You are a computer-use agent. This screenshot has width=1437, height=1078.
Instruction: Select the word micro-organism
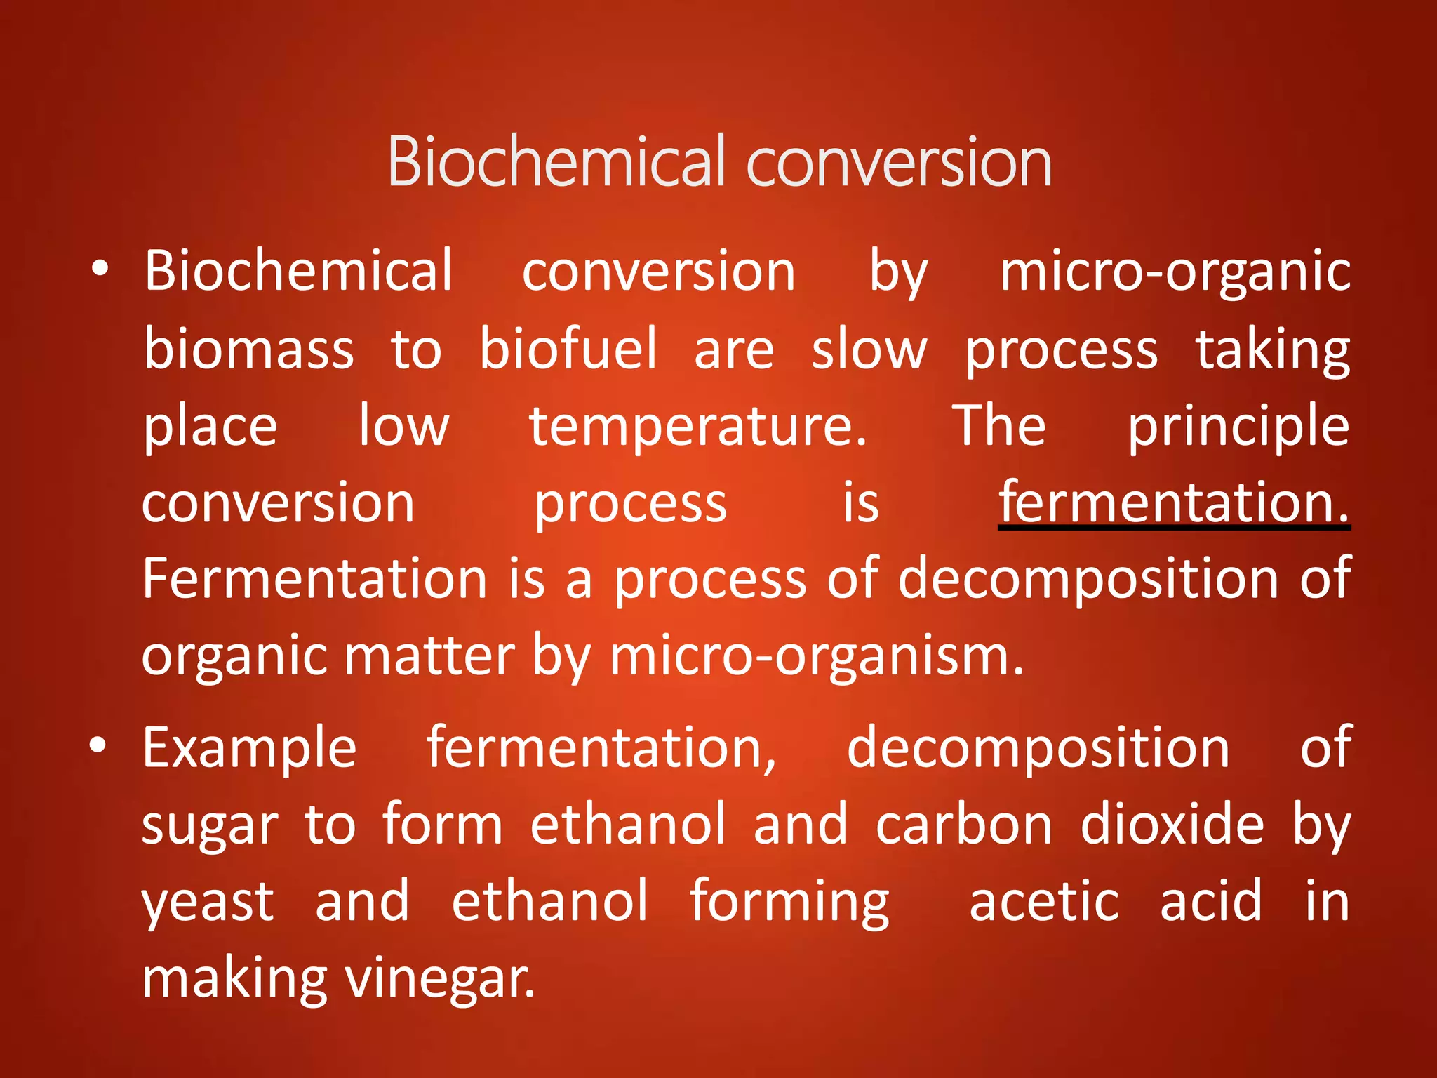point(816,656)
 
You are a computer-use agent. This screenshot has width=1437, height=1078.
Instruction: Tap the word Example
point(250,748)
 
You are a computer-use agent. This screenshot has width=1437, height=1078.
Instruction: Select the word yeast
point(208,903)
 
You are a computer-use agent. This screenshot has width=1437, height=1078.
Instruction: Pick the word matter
point(429,656)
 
